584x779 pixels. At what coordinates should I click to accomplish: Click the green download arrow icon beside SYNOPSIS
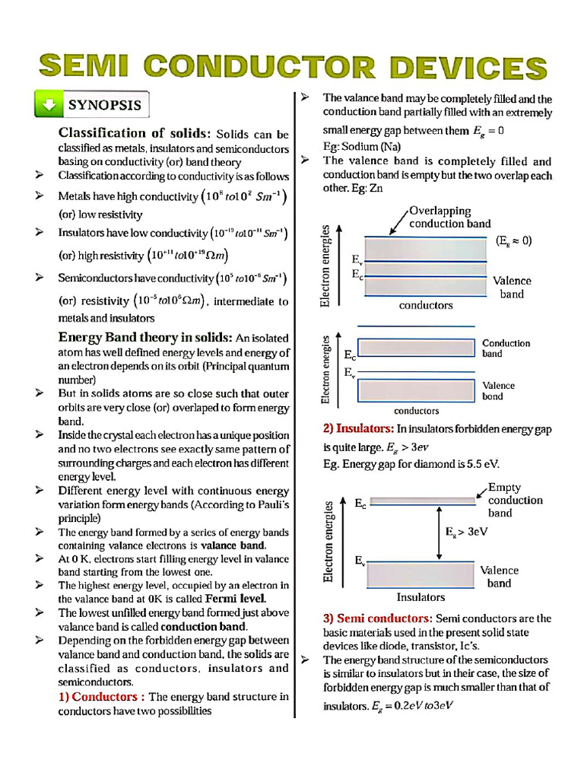49,105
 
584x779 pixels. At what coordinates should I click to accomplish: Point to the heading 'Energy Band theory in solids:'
145,337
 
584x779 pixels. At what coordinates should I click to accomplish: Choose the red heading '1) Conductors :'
102,696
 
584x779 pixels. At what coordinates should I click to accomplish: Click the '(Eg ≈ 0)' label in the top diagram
514,240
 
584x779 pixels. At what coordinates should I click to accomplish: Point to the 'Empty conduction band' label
515,500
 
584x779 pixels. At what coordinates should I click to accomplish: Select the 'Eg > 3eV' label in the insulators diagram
467,532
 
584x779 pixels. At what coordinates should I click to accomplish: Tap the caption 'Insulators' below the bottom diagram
421,597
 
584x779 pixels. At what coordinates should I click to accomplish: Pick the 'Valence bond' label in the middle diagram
498,390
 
